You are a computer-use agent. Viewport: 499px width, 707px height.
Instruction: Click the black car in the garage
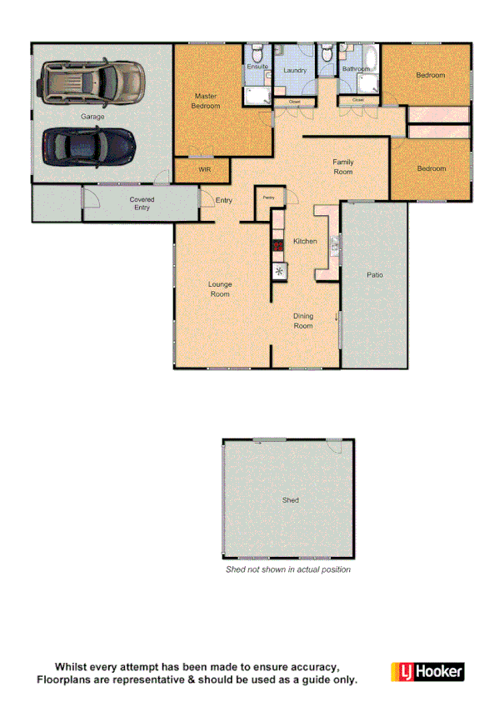coord(88,146)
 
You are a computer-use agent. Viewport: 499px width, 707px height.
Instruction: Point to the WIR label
coord(204,169)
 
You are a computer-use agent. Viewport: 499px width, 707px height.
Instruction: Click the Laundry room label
coord(295,71)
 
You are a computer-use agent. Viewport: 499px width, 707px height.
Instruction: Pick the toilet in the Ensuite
coord(258,51)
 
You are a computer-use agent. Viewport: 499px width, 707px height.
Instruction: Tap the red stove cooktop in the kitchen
coord(278,247)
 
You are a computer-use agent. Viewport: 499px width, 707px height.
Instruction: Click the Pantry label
coord(269,197)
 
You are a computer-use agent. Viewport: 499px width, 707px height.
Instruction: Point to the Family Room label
coord(342,167)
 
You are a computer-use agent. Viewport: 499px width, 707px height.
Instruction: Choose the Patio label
coord(375,274)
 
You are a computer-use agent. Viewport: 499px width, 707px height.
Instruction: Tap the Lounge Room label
coord(219,289)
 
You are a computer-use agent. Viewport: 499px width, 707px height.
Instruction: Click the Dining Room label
coord(303,321)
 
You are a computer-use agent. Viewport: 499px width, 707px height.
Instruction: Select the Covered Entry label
coord(142,203)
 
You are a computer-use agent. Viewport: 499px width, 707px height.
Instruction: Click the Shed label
coord(290,500)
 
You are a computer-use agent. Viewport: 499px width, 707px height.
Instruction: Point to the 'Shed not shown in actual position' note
coord(288,569)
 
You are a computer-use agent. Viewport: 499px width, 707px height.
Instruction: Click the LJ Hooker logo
coord(427,672)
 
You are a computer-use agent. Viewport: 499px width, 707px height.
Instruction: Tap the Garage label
coord(92,117)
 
